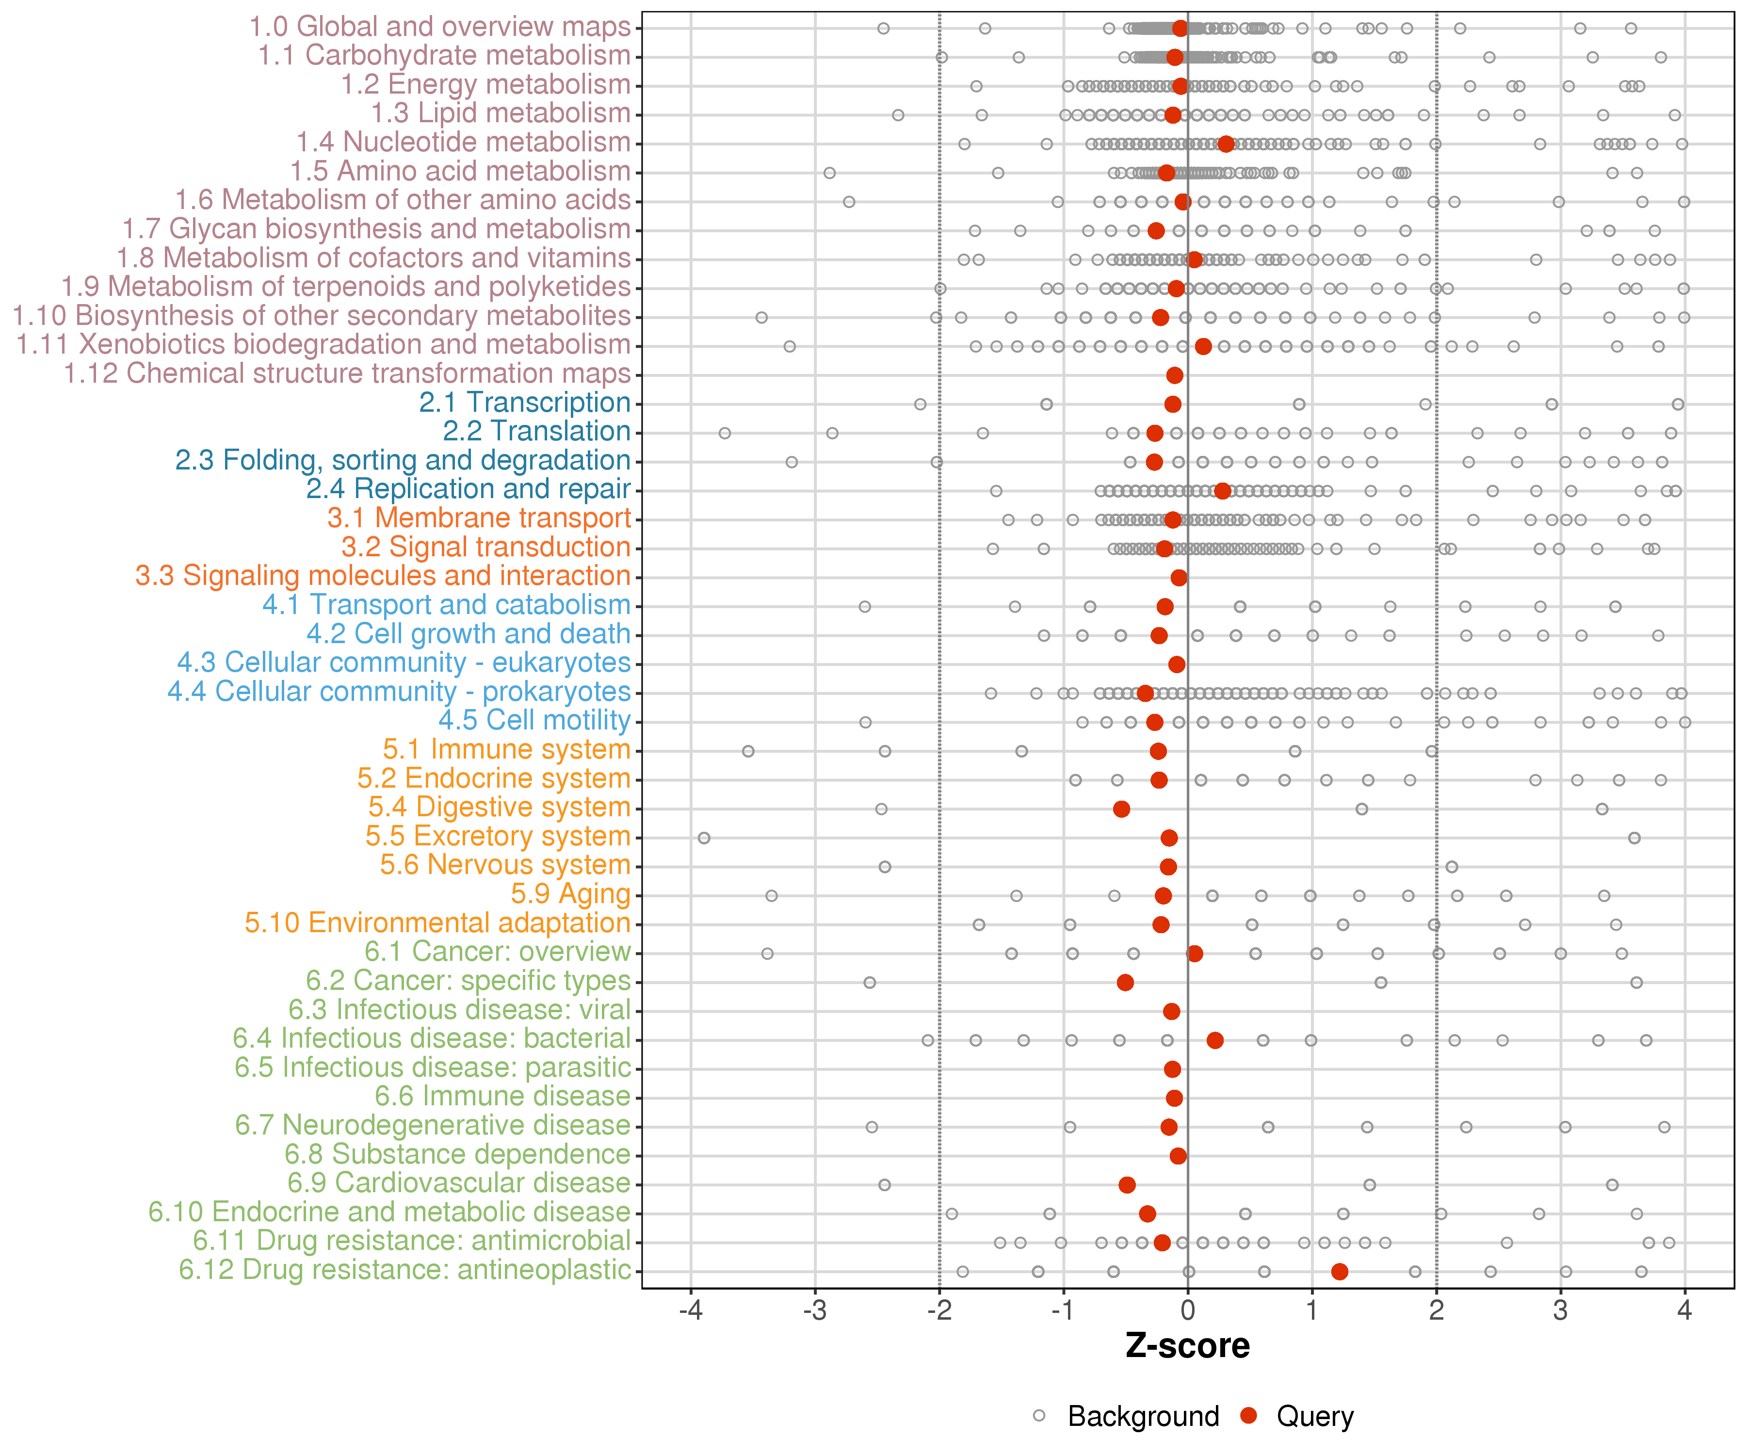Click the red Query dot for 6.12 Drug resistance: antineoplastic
click(x=1340, y=1271)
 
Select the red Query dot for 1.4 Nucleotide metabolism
click(x=1226, y=144)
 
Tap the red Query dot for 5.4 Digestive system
click(x=1122, y=809)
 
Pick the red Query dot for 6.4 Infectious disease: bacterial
click(x=1215, y=1040)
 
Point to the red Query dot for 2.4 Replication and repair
click(x=1222, y=490)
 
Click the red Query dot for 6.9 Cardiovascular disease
click(x=1127, y=1185)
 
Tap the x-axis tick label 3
click(x=1561, y=1312)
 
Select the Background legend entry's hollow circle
click(x=1039, y=1416)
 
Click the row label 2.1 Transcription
click(x=525, y=403)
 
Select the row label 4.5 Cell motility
click(x=534, y=720)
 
